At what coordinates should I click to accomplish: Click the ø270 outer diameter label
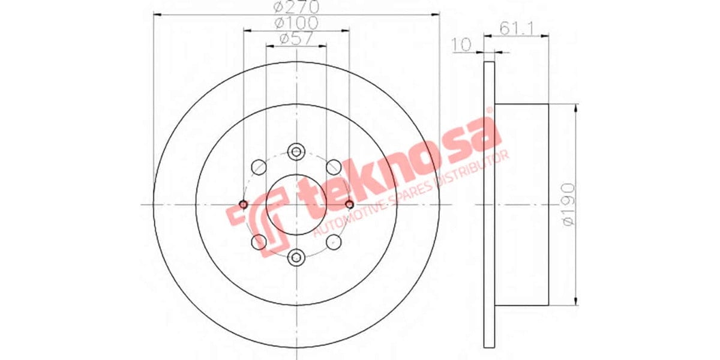coord(296,8)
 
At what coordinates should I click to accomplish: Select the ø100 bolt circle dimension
coord(296,23)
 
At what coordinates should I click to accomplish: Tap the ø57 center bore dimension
coord(296,39)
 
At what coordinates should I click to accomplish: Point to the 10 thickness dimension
coord(461,45)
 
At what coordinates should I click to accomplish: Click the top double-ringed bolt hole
coord(296,152)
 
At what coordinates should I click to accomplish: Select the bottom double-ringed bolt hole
coord(296,257)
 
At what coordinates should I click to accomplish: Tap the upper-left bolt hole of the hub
coord(259,166)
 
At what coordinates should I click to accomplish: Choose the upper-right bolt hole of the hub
coord(334,166)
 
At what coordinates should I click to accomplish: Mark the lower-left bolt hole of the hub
coord(259,242)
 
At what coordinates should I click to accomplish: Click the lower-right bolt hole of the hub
coord(334,242)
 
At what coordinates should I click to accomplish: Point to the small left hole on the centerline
coord(244,205)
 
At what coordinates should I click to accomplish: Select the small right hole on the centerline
coord(349,205)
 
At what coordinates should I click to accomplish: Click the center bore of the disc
coord(296,205)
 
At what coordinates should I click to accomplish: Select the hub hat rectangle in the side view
coord(521,205)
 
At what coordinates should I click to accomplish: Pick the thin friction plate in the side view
coord(489,205)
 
